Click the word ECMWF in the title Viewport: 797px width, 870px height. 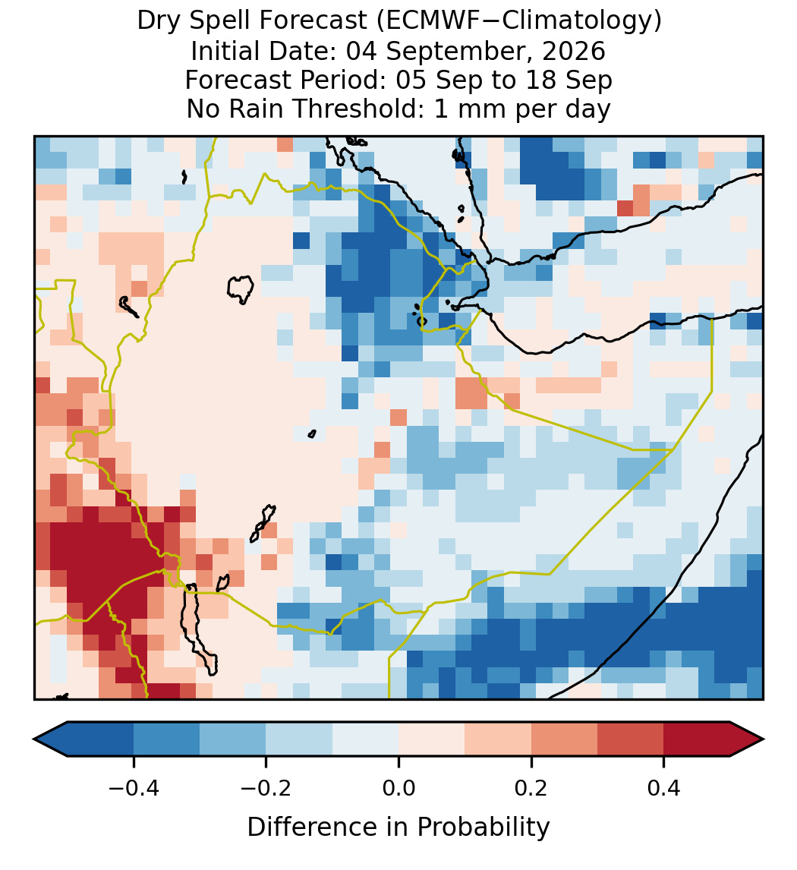pos(424,21)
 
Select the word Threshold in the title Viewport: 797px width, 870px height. pos(367,109)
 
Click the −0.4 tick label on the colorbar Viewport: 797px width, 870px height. pos(134,787)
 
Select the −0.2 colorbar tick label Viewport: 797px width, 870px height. pos(266,787)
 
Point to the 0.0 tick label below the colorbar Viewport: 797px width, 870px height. pos(398,787)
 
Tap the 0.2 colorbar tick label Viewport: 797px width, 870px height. pos(531,787)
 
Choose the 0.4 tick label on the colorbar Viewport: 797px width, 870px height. pos(664,787)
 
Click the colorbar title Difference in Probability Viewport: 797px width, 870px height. pos(398,827)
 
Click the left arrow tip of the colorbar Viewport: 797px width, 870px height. pos(34,739)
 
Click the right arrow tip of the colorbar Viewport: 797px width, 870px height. pos(764,739)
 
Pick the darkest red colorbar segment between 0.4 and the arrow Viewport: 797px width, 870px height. pos(697,739)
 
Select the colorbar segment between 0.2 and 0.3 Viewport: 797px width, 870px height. pos(564,739)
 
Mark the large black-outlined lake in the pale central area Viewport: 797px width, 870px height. pos(240,289)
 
